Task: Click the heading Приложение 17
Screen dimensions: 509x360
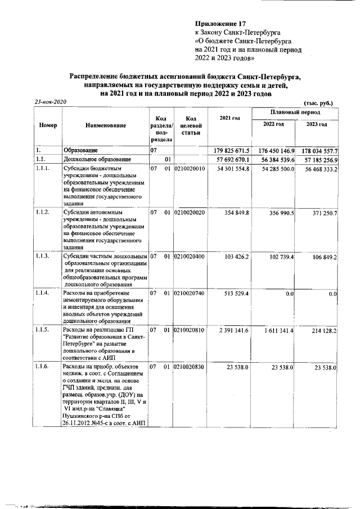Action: (221, 24)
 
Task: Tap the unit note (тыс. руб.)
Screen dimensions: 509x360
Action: (318, 103)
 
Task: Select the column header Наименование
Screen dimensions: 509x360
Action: (106, 125)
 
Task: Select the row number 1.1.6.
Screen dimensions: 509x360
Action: (43, 367)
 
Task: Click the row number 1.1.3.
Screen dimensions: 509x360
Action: (43, 256)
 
